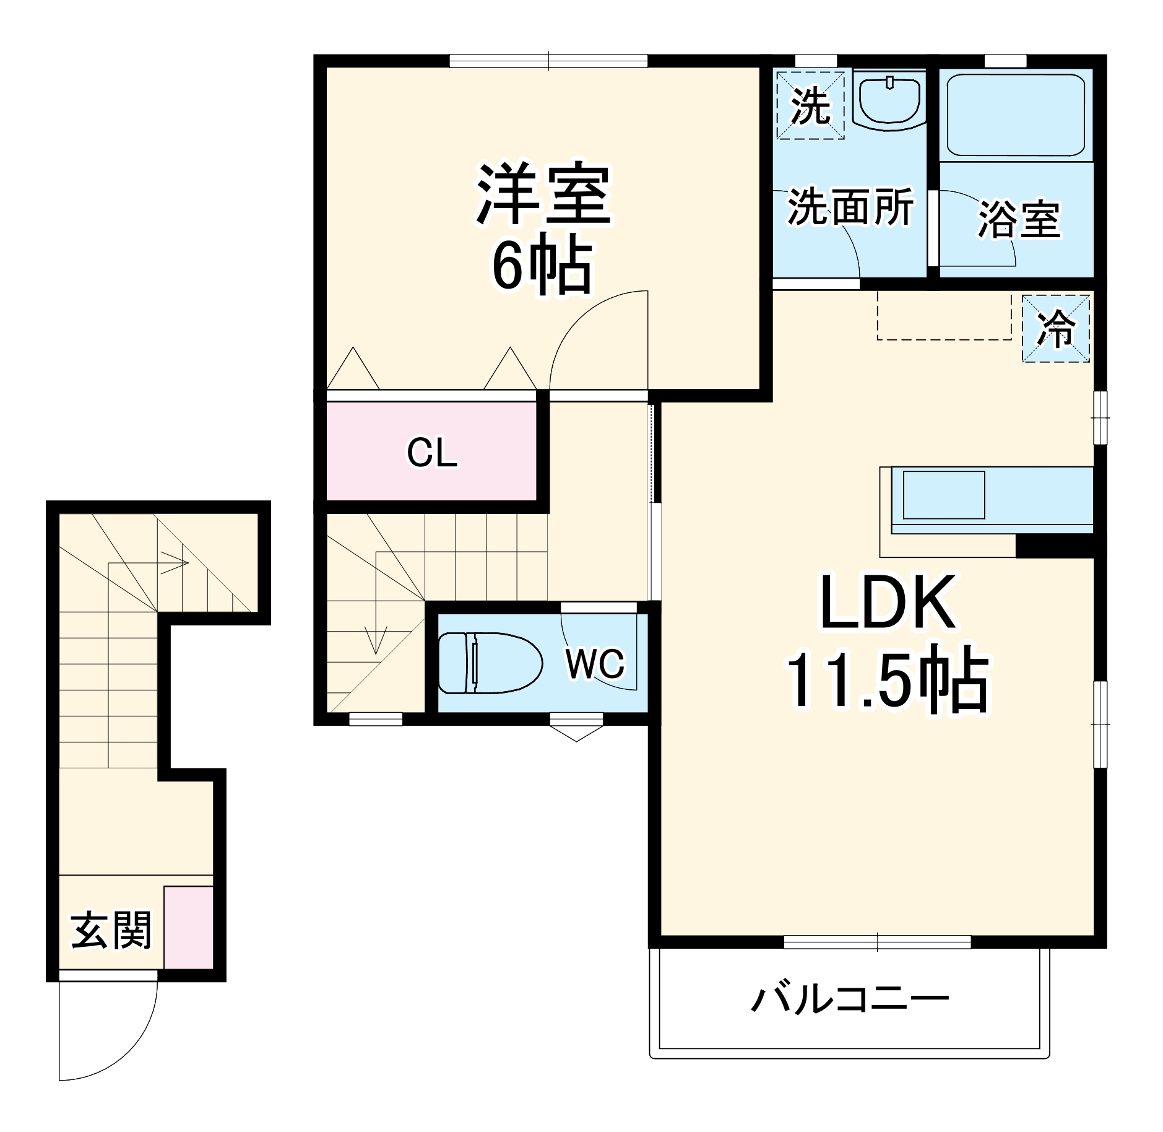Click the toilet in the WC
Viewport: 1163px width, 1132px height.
489,662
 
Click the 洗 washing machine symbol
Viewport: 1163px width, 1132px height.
810,105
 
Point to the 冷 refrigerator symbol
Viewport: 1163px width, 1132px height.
1055,328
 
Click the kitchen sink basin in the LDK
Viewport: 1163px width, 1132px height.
943,495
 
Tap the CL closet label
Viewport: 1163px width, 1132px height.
432,453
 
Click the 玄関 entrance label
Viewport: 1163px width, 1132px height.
111,931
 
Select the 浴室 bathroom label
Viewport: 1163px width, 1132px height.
1019,219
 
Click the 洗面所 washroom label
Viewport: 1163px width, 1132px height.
850,207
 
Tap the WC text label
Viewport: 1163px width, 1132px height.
595,664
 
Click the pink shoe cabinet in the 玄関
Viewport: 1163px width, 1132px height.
188,927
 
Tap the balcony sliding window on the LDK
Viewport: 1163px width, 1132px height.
877,942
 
